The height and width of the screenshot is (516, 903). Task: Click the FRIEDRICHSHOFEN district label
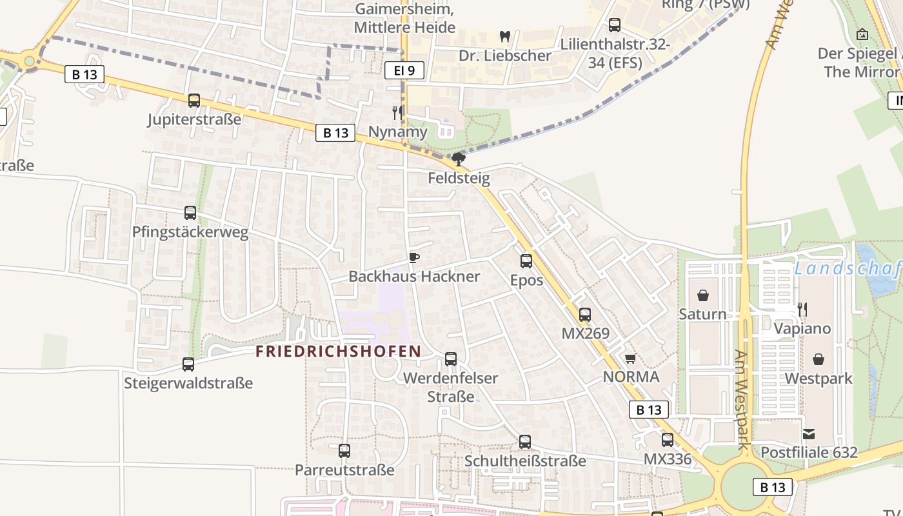point(338,352)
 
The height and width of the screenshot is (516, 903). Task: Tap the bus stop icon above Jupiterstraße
point(194,101)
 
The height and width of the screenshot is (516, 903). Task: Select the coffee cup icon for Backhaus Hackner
point(413,258)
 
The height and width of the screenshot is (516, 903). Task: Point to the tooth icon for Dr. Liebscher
point(505,37)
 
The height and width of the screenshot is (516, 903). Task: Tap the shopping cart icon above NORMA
point(630,359)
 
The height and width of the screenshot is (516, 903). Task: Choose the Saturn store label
point(702,314)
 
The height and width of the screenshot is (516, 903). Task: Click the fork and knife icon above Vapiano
point(802,310)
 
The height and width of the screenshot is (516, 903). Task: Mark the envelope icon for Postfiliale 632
point(809,434)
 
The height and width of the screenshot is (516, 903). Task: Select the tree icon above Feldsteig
point(459,159)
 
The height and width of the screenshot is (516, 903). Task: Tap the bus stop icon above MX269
point(584,315)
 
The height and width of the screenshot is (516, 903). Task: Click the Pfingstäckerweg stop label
point(190,232)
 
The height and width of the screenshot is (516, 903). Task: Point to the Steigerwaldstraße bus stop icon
point(188,364)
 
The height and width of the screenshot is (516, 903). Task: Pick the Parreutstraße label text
point(344,470)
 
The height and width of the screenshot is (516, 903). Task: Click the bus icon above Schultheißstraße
point(525,442)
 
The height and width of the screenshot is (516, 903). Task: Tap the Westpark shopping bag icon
point(819,359)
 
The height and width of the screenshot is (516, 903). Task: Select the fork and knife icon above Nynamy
point(397,113)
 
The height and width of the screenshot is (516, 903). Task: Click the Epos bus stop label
point(526,281)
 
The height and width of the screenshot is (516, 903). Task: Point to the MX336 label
point(668,459)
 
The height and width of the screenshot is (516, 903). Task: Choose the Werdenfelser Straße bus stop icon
point(451,359)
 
